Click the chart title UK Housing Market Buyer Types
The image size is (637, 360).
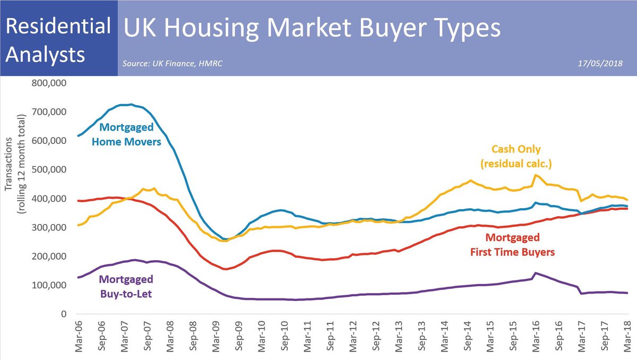(x=312, y=28)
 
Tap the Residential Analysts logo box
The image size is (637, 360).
(x=58, y=39)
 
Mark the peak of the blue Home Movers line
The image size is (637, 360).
(x=131, y=104)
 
